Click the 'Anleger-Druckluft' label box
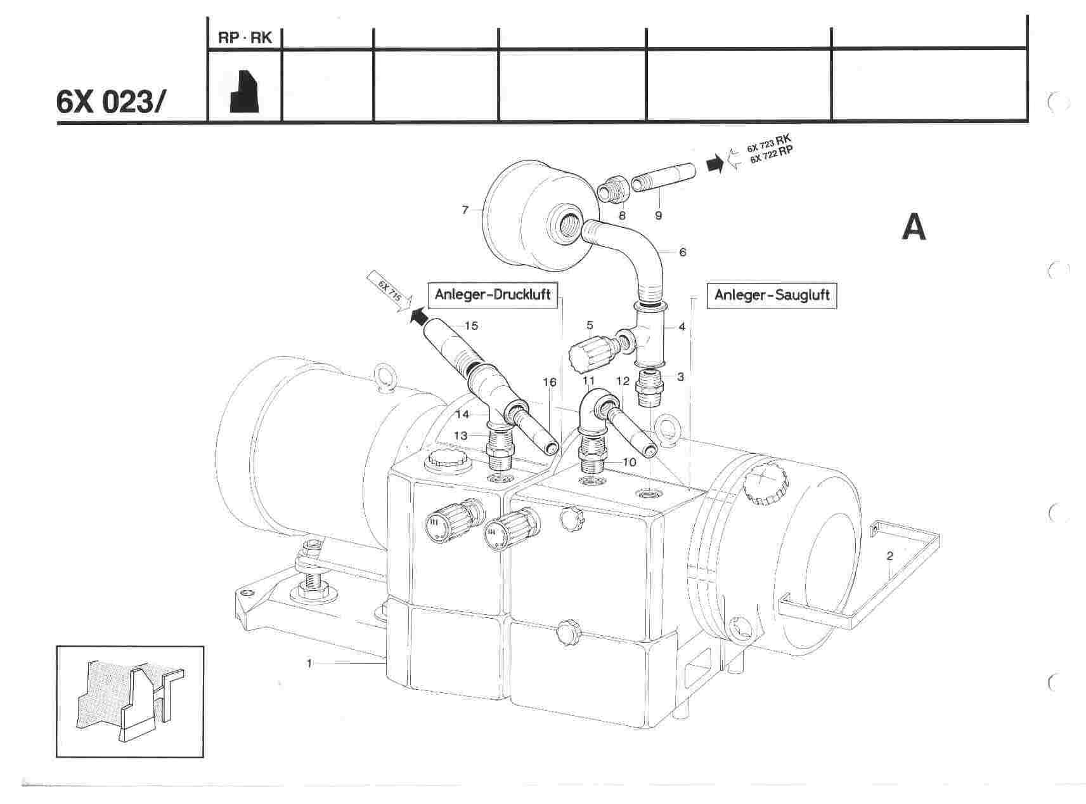click(x=493, y=295)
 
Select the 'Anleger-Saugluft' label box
click(x=772, y=295)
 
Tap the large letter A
click(x=914, y=227)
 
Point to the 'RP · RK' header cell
click(x=245, y=38)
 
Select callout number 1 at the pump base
click(x=309, y=663)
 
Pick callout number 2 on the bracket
click(x=889, y=556)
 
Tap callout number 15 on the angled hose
click(x=471, y=326)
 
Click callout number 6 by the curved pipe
click(x=683, y=252)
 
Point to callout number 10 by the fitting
click(x=629, y=462)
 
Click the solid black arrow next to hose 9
click(x=714, y=164)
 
